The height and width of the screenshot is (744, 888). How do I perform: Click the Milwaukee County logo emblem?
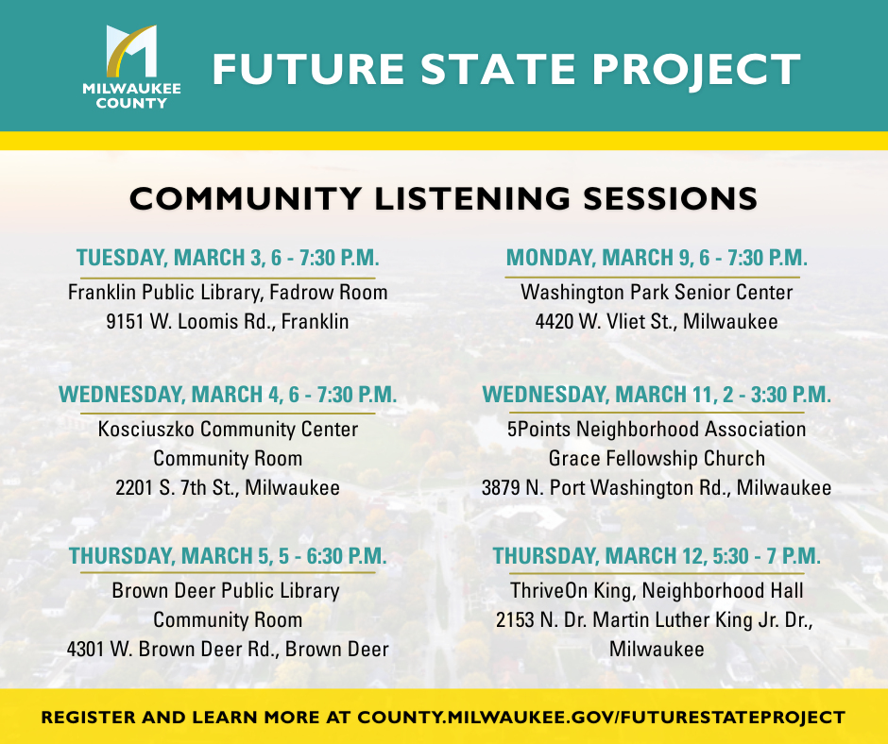click(131, 51)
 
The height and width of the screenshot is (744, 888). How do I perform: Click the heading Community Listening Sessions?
click(443, 198)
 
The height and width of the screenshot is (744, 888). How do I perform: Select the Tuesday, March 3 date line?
click(228, 258)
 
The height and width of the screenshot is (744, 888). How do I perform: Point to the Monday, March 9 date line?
click(657, 258)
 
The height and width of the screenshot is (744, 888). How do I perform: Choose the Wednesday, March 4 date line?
click(228, 395)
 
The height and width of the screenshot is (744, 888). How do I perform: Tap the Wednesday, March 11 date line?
click(657, 395)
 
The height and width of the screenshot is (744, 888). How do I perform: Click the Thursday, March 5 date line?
click(228, 556)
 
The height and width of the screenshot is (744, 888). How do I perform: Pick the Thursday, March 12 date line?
click(657, 556)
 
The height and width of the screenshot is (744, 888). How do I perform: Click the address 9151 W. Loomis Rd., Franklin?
click(228, 322)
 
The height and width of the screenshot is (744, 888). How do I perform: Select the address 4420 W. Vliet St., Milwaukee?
click(657, 322)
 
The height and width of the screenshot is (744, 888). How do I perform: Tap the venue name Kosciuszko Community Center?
click(228, 430)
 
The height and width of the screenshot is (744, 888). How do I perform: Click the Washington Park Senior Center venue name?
click(657, 292)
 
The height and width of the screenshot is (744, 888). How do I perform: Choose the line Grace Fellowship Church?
click(657, 459)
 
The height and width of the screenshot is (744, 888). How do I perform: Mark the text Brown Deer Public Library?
click(226, 590)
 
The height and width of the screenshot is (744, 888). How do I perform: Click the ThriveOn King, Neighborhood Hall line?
click(657, 590)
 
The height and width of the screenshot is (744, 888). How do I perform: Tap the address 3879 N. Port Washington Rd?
click(606, 488)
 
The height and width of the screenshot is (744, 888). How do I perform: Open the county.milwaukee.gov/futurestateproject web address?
click(601, 718)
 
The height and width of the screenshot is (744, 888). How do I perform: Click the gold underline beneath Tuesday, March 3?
click(228, 278)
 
